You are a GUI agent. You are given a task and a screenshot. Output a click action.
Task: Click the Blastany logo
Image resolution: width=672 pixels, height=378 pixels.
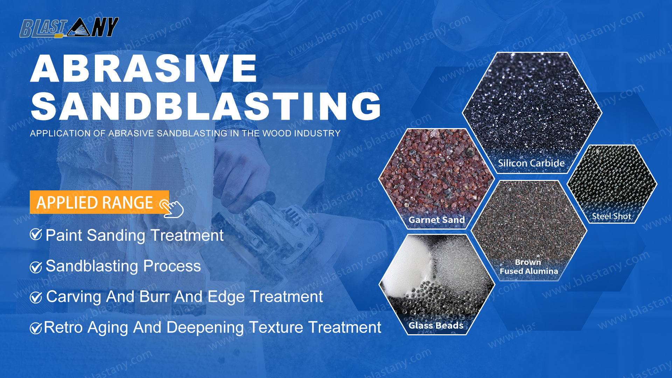(x=69, y=27)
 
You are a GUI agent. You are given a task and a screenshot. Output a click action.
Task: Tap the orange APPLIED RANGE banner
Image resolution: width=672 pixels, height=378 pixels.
(x=99, y=202)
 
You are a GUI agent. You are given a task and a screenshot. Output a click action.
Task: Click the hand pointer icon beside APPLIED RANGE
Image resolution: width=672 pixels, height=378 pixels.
(x=172, y=208)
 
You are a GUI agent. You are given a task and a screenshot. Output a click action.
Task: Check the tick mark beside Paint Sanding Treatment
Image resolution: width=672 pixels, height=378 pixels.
(x=36, y=234)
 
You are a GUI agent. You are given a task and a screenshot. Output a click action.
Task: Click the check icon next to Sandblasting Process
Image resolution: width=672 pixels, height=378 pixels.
(x=36, y=267)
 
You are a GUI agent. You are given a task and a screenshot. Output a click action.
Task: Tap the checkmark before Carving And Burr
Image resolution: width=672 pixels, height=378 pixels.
(x=36, y=297)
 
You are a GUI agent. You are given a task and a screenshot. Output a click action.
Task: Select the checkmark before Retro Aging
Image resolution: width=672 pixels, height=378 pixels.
(x=36, y=328)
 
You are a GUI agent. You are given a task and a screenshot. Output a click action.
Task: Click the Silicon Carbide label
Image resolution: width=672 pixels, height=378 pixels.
(x=531, y=163)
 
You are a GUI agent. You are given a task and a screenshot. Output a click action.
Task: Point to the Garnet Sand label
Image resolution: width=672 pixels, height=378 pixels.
(x=437, y=220)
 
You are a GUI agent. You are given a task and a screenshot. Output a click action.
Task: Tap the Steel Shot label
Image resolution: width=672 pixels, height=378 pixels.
(x=611, y=216)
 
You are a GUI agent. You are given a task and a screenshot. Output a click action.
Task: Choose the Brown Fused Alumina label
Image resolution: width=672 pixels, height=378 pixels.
(x=529, y=267)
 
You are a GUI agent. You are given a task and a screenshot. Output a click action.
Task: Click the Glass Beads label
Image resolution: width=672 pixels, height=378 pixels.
(x=436, y=325)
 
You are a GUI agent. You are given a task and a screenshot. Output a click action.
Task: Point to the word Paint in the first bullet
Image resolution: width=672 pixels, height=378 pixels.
(x=64, y=235)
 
